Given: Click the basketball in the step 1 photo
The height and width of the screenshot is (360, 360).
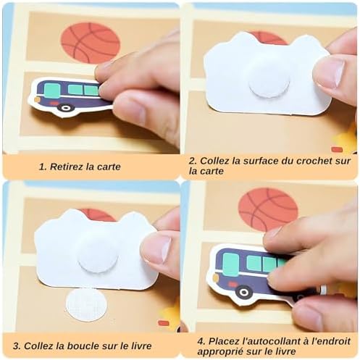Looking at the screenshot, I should pos(90,41).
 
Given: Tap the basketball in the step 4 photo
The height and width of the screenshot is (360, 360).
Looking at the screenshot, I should pos(267,209).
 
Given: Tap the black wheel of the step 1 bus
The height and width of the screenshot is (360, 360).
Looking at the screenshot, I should pos(67,108).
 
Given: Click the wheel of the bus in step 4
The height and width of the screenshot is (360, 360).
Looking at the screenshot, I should pos(244,292).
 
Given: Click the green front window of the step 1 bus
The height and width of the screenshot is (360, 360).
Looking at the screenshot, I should pos(51,90).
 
